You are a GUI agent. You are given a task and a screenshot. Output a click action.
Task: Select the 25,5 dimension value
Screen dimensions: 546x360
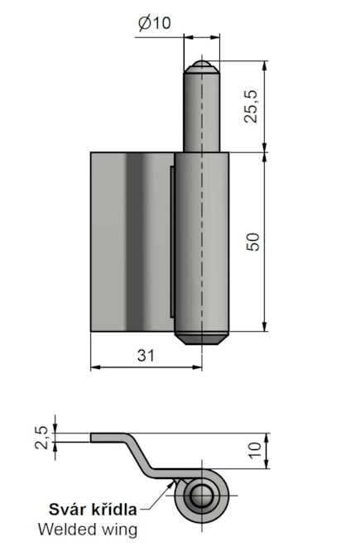252,106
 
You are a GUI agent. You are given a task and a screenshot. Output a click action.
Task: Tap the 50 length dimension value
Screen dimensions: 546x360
253,242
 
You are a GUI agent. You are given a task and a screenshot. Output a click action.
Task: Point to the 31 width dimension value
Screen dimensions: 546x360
145,355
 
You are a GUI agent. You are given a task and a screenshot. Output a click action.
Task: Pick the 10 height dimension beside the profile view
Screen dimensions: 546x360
254,451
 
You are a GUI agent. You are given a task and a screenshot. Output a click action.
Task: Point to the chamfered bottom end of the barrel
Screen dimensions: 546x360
200,338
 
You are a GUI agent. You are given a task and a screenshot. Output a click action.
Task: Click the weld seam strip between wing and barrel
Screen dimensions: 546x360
171,240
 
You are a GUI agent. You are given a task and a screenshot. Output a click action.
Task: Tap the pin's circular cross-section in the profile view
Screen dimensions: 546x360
200,498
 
